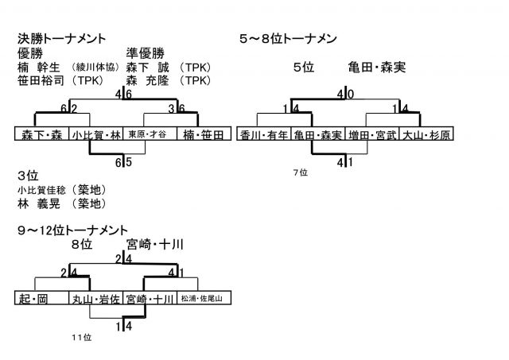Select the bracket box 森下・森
(42, 134)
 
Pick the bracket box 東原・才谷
(149, 134)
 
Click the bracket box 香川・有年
(265, 135)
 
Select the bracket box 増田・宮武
(372, 135)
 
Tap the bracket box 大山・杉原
(426, 135)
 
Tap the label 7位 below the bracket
(299, 172)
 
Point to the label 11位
(82, 337)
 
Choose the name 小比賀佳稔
(43, 190)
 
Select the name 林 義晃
(39, 203)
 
